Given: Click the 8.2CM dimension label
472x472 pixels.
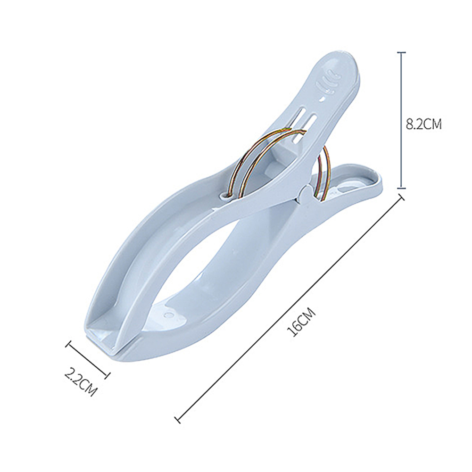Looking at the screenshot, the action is [x=424, y=124].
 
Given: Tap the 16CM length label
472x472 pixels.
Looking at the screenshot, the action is [x=301, y=323].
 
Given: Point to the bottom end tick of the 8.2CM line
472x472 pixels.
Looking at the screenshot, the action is [x=401, y=188].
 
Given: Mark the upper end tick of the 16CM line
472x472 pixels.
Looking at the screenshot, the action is [x=401, y=197].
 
